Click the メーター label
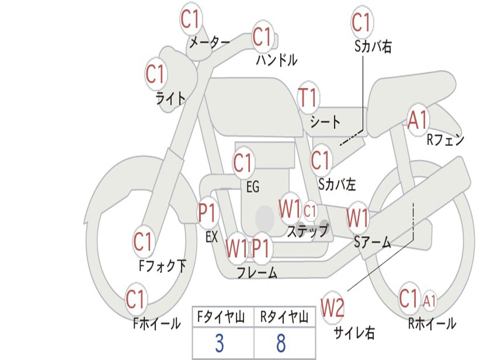(x=210, y=43)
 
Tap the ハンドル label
(x=277, y=60)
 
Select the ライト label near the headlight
(x=171, y=98)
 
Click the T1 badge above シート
(x=308, y=97)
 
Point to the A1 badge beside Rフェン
(x=418, y=120)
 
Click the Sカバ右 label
(x=373, y=46)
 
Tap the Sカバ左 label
(x=337, y=184)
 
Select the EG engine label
(x=253, y=187)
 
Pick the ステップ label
(x=307, y=231)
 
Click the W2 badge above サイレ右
(x=332, y=307)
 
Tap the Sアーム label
(x=373, y=242)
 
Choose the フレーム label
(x=257, y=272)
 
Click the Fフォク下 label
(x=162, y=266)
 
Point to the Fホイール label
(x=157, y=323)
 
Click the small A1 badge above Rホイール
(x=429, y=300)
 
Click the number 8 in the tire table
(x=281, y=343)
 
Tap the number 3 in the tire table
(x=219, y=343)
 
